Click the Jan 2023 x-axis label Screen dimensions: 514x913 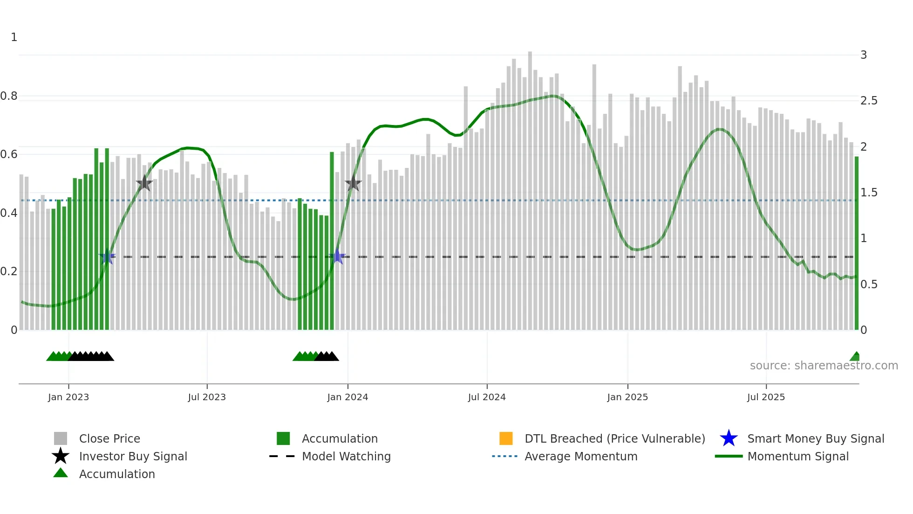(68, 397)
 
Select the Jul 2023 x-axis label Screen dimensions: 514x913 (207, 397)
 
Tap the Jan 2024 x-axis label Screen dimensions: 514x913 (347, 397)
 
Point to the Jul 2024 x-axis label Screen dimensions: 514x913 (487, 397)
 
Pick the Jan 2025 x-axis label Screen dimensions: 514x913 (627, 397)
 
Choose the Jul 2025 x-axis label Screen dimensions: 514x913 (766, 397)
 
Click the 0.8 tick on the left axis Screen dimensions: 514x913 (9, 96)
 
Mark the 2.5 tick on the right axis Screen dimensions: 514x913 (869, 101)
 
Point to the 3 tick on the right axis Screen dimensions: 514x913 (864, 55)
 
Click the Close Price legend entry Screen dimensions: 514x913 (109, 439)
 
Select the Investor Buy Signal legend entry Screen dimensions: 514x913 (133, 457)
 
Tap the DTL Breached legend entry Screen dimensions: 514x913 (614, 439)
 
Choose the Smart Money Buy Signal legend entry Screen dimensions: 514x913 (815, 439)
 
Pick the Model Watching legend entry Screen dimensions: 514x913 (346, 457)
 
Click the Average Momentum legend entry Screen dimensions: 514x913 (580, 457)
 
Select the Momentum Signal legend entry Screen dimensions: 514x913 (797, 457)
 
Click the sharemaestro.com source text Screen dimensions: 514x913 (824, 366)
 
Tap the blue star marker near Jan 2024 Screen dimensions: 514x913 (337, 257)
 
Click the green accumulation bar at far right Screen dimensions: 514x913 (856, 243)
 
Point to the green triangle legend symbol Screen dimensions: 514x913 (61, 473)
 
